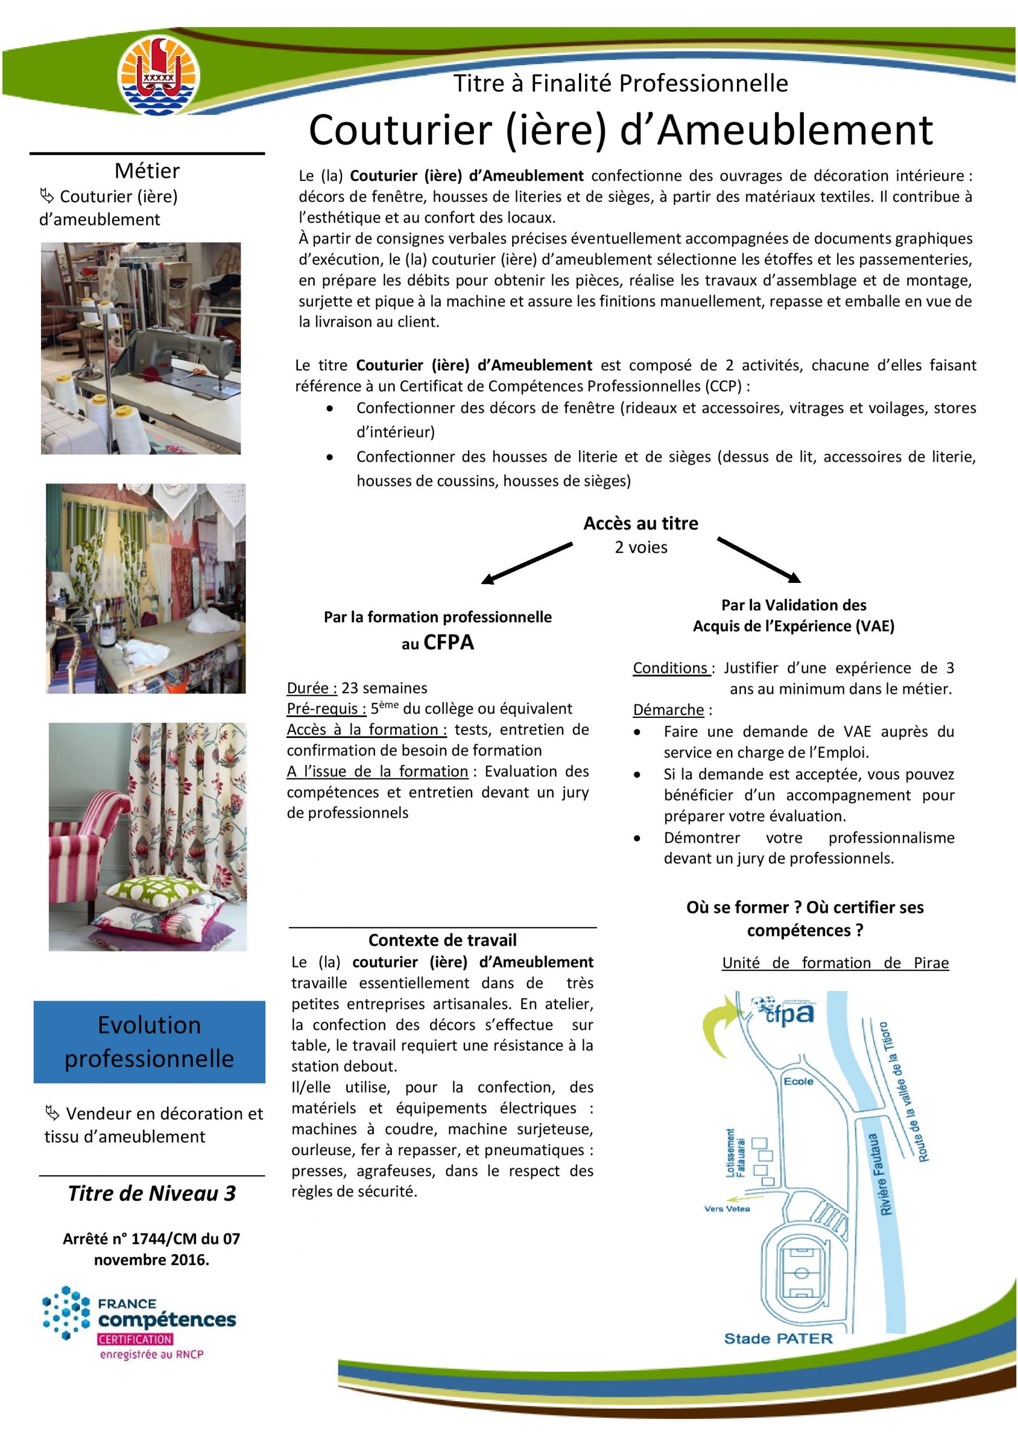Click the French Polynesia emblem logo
[x=159, y=76]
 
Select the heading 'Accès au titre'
[x=640, y=523]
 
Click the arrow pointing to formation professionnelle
[x=527, y=563]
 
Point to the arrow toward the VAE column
[x=758, y=558]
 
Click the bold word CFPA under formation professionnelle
[x=449, y=642]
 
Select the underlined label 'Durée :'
[x=312, y=688]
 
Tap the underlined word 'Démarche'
[x=668, y=709]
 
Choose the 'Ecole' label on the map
[x=798, y=1081]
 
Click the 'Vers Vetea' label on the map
[x=727, y=1209]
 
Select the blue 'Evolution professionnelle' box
[x=149, y=1042]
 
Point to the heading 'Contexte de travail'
[x=442, y=940]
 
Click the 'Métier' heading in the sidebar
[x=147, y=170]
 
